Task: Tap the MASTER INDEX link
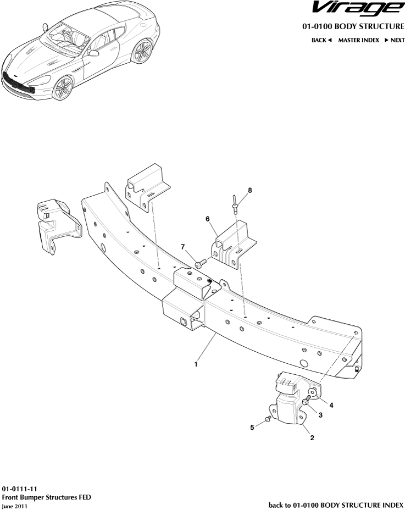pos(358,40)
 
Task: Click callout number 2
pos(312,438)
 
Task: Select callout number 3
pos(320,416)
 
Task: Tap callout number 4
pos(331,405)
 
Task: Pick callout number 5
pos(252,426)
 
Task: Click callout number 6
pos(208,219)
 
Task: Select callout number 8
pos(249,190)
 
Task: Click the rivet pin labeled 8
pos(235,203)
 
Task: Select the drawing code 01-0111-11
pos(20,488)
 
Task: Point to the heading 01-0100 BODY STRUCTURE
pos(353,26)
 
